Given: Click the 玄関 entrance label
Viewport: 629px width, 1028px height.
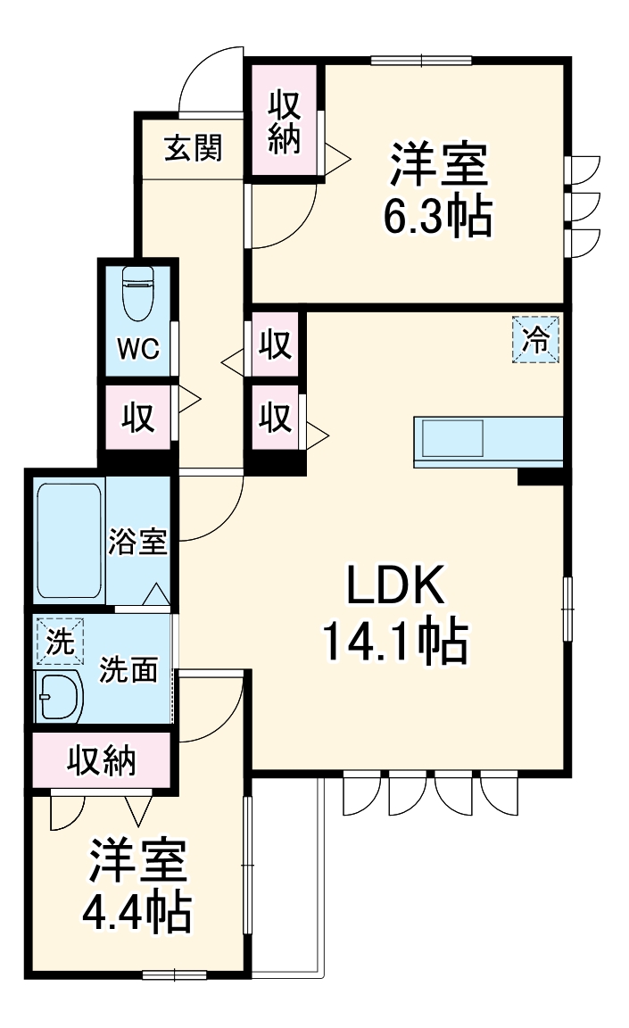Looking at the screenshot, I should point(192,148).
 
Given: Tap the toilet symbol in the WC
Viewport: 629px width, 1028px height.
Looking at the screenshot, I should point(137,294).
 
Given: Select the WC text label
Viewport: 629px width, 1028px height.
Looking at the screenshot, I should point(138,348).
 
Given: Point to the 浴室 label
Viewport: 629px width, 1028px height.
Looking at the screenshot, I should point(138,542).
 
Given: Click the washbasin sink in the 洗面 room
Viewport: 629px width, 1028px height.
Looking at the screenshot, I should point(59,696).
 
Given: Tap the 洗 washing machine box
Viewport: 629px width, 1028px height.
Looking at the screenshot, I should point(59,642).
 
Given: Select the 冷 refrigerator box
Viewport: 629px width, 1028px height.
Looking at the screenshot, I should point(536,340).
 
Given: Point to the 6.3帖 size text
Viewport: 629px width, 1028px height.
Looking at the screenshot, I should point(437,215).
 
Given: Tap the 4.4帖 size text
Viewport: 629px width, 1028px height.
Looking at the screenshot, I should point(137,910).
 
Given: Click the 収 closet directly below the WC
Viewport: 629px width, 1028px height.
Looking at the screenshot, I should point(138,417).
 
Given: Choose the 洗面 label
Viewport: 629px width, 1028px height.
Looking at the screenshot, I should point(128,669).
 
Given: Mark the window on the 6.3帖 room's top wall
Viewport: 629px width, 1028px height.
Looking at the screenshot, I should point(421,61).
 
